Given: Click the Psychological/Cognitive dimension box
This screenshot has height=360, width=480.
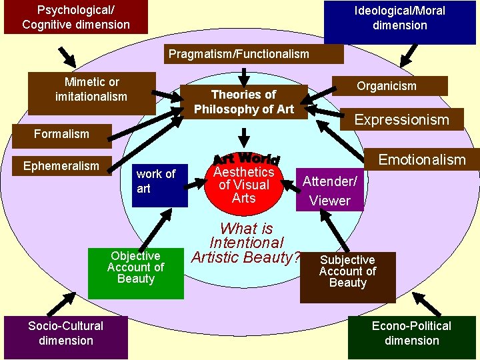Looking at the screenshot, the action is point(66,17).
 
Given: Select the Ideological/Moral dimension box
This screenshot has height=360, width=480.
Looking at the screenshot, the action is point(400,19).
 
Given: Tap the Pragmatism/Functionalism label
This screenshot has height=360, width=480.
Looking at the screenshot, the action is point(239,54).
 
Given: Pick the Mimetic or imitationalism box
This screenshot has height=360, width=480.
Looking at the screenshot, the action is point(91,89).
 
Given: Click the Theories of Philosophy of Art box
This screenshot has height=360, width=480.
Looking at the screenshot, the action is point(243,101).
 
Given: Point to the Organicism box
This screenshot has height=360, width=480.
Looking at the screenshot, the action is point(386,85).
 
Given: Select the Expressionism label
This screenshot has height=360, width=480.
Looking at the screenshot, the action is point(401,120).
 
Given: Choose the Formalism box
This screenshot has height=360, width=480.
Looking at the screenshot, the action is point(61,134).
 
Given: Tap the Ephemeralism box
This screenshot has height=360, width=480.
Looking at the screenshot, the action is point(61,166).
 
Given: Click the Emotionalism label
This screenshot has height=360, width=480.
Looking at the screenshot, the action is point(421,159).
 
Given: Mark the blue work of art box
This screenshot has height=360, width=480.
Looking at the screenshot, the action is point(155,181).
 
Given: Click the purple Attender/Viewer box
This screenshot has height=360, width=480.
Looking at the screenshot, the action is point(329,190).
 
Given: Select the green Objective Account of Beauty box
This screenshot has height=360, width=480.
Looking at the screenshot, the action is point(136,268).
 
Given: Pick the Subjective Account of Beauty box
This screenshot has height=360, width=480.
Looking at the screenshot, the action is point(347,272).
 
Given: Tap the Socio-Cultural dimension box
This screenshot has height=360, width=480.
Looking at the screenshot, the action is point(65,333).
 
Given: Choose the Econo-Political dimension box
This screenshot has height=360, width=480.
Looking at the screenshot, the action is point(411,333).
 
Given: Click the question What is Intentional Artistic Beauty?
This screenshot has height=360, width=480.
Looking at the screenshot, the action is point(246,243).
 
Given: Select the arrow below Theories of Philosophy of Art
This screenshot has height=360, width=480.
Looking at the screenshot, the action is point(245,136).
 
